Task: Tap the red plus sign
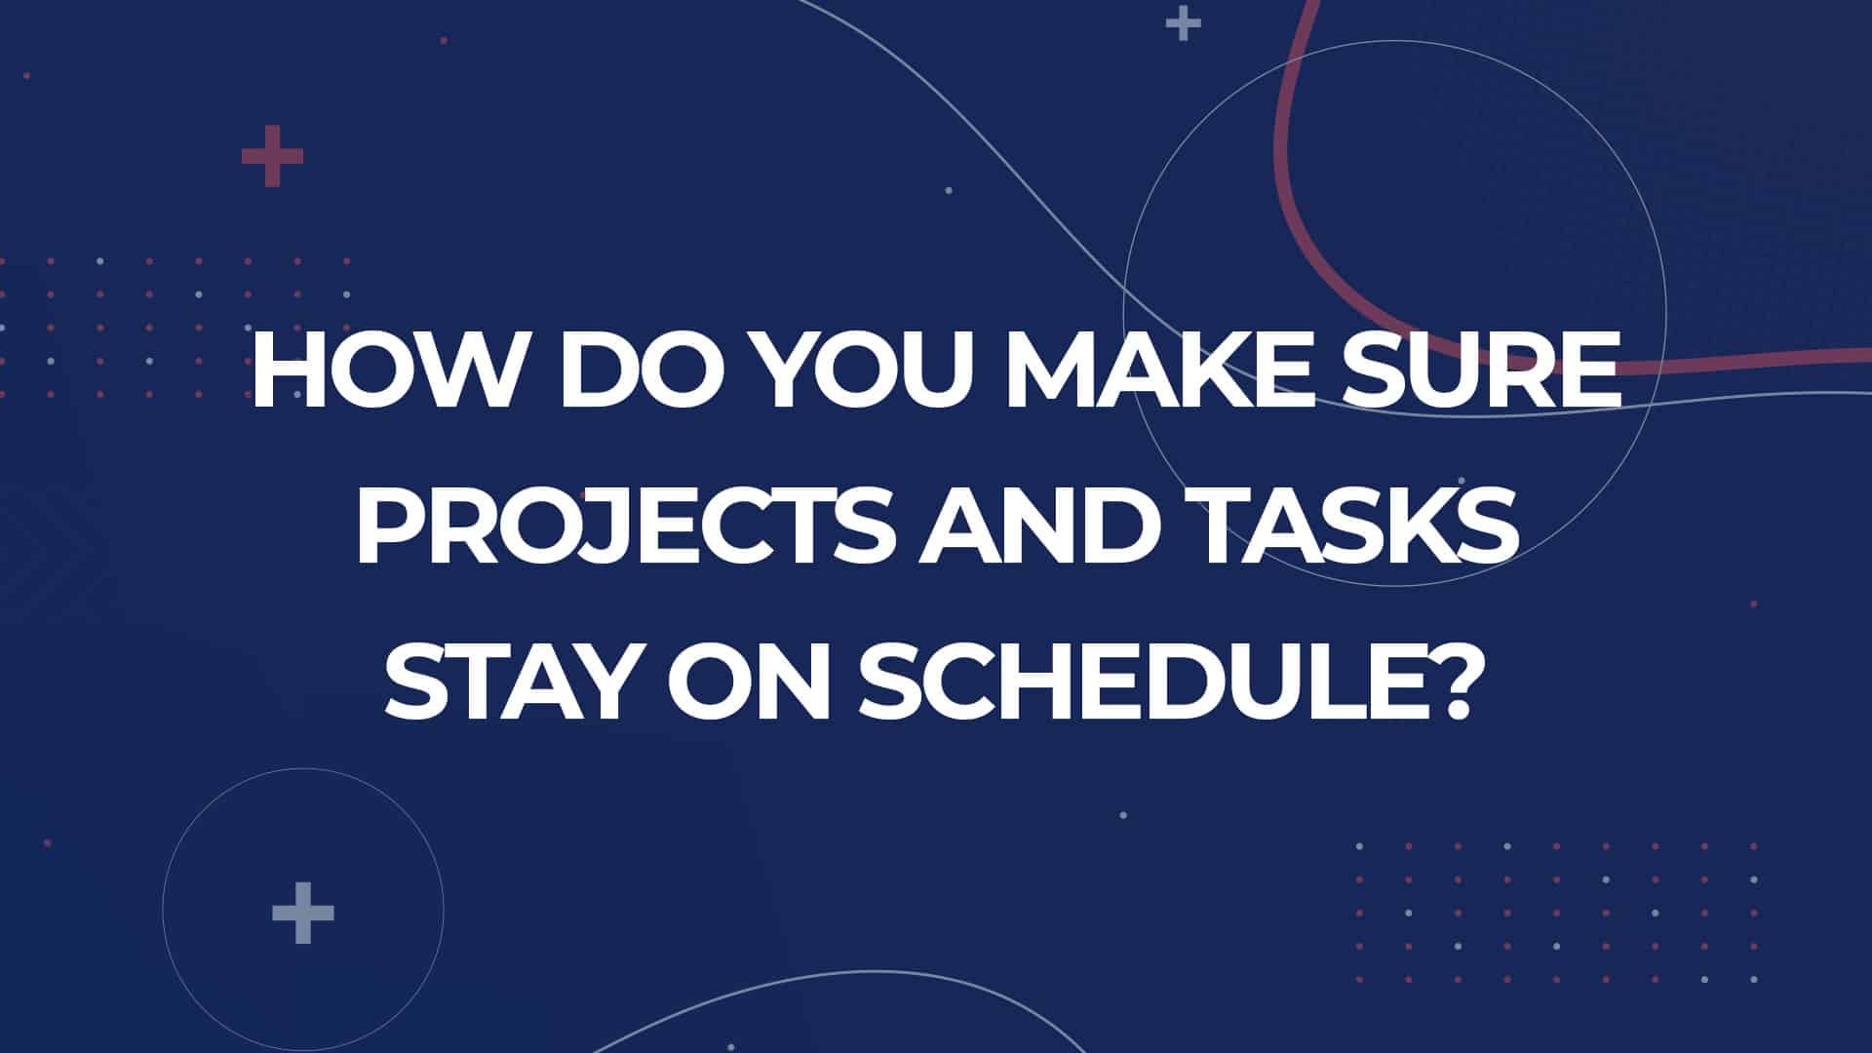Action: click(272, 156)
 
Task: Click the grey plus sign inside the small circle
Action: click(303, 914)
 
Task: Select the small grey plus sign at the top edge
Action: click(1183, 23)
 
